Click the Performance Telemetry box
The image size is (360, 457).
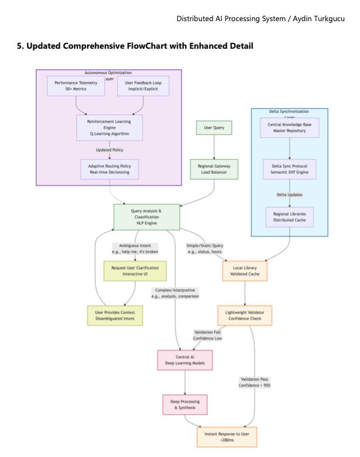(76, 86)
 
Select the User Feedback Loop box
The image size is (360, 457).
(143, 86)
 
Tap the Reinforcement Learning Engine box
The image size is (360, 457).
(109, 127)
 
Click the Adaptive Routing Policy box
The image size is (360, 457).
(109, 169)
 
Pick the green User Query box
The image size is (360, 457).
(214, 127)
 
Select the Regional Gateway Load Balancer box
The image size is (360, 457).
(214, 169)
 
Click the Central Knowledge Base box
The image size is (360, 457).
(290, 127)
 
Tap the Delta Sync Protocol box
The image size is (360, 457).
(290, 169)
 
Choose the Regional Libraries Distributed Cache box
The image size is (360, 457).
(290, 217)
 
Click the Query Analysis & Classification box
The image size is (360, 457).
(146, 217)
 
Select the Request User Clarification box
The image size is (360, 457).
(135, 270)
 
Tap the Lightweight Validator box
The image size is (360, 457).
(245, 315)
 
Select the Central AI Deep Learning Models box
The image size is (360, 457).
(185, 359)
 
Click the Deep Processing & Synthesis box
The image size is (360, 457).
(185, 404)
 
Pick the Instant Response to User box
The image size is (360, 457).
(227, 437)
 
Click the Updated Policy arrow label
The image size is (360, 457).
(109, 149)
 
